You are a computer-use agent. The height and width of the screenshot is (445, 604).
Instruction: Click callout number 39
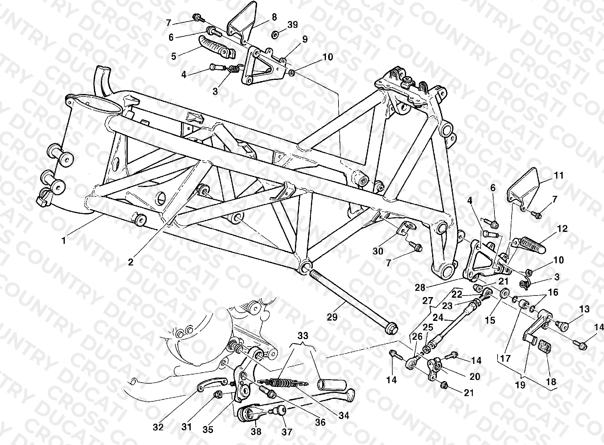pos(292,25)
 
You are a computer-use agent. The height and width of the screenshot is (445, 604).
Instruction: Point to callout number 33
pos(302,336)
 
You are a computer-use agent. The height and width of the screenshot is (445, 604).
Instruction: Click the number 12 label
pos(562,228)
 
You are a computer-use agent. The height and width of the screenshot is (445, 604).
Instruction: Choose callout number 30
pos(378,251)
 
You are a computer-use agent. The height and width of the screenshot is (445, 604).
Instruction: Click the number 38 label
pos(256,432)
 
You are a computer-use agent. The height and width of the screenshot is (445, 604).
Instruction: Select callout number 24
pos(438,317)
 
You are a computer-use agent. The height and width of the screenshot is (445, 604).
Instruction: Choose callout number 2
pos(130,262)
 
